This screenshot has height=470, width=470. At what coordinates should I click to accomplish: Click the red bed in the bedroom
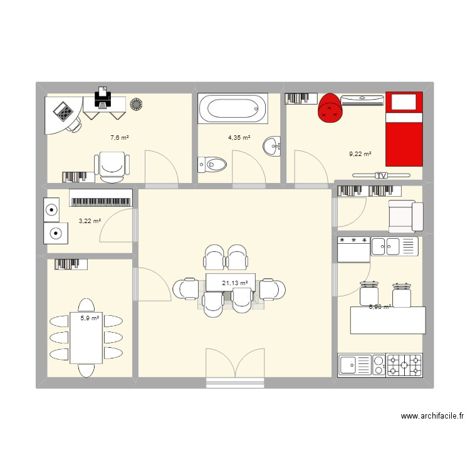point(404,129)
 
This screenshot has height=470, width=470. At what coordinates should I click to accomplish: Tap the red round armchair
point(330,107)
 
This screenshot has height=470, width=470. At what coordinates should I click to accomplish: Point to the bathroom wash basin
point(273,147)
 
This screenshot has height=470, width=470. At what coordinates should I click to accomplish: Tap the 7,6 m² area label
point(119,137)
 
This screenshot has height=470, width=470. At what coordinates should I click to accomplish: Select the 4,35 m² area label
point(239,138)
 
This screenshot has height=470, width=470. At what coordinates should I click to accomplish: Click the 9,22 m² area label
point(360,154)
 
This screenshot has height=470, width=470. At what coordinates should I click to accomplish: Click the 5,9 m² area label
point(90,318)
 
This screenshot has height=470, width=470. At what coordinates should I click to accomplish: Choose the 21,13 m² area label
point(234,283)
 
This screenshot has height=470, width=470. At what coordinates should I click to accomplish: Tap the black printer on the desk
point(103,97)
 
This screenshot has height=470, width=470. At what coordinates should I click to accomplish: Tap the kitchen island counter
point(387,320)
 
